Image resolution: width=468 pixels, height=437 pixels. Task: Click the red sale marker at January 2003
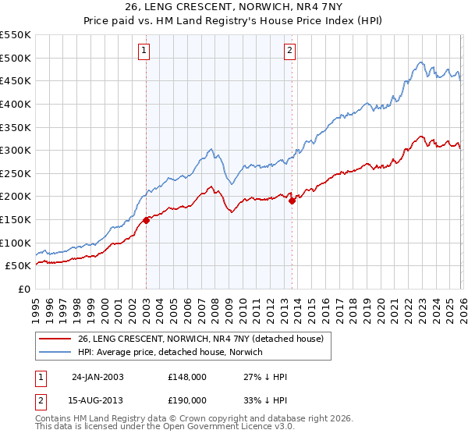(x=147, y=221)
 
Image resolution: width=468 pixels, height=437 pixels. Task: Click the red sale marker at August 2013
(x=292, y=201)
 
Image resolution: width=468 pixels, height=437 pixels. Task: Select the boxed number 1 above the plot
(x=145, y=52)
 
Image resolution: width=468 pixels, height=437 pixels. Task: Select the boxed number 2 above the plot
(x=289, y=52)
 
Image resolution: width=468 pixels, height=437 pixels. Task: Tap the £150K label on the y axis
(x=16, y=220)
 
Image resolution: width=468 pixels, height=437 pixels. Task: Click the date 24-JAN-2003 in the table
(x=97, y=377)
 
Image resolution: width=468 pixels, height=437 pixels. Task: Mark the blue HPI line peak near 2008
(x=211, y=148)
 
